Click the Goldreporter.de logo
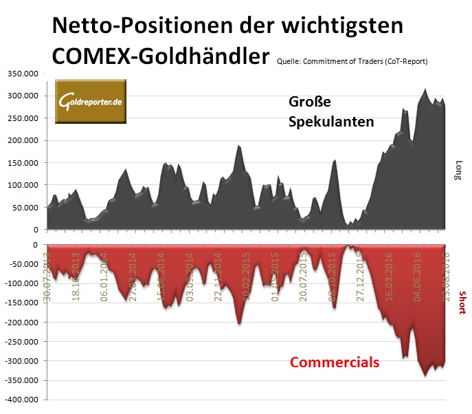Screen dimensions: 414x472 (x=90, y=102)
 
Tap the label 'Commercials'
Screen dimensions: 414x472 (x=334, y=362)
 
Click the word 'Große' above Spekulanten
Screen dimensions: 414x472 (x=309, y=102)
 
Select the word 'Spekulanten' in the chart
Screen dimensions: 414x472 (x=331, y=122)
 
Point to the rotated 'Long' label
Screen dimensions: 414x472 (x=458, y=169)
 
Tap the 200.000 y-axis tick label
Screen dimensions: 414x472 (x=22, y=140)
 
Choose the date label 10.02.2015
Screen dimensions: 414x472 (x=245, y=274)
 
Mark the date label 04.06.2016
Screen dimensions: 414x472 (x=416, y=274)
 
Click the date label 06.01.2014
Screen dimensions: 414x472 (x=104, y=274)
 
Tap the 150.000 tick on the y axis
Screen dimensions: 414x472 (x=22, y=162)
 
